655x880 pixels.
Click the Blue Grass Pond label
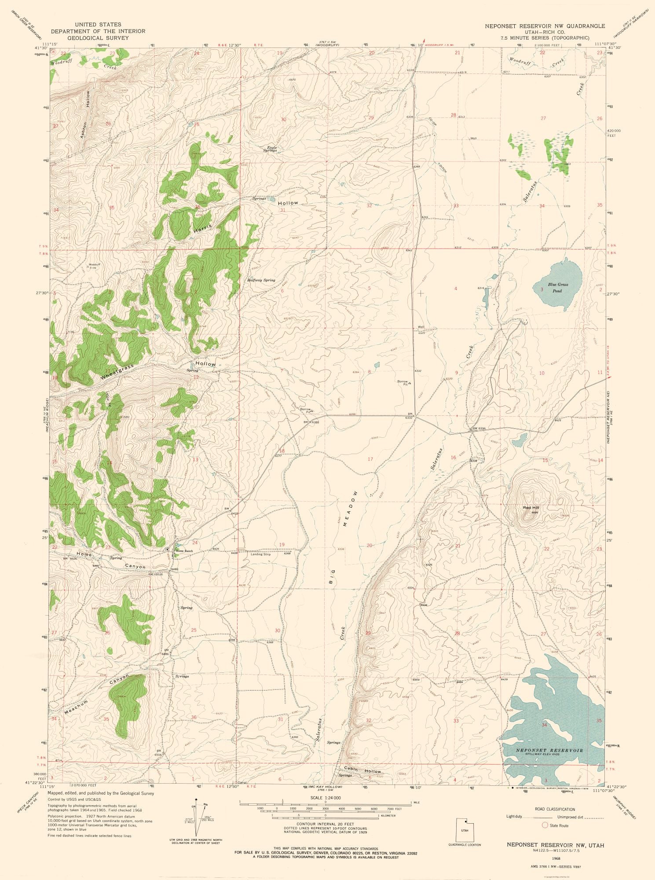click(x=557, y=288)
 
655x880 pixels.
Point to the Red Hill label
click(x=531, y=508)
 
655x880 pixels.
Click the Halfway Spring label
click(x=261, y=280)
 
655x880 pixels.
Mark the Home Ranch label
click(x=184, y=551)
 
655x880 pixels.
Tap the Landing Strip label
click(x=260, y=554)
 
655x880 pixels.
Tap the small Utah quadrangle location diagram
click(x=464, y=829)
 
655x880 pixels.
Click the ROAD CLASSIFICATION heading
click(x=555, y=809)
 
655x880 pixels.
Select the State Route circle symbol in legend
click(x=545, y=825)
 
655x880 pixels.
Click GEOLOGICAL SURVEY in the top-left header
click(x=98, y=38)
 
